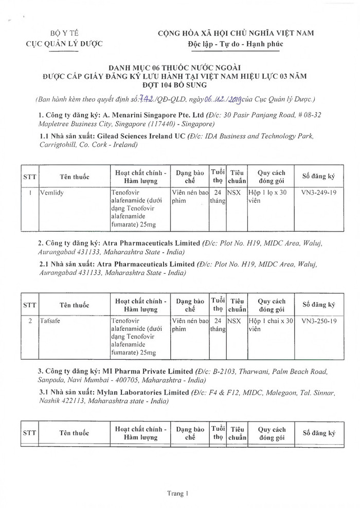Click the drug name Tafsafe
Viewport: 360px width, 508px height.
point(50,321)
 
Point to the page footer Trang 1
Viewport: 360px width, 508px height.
point(178,493)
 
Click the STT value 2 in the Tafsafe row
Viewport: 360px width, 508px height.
point(30,321)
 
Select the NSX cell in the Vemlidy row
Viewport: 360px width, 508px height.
point(234,192)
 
